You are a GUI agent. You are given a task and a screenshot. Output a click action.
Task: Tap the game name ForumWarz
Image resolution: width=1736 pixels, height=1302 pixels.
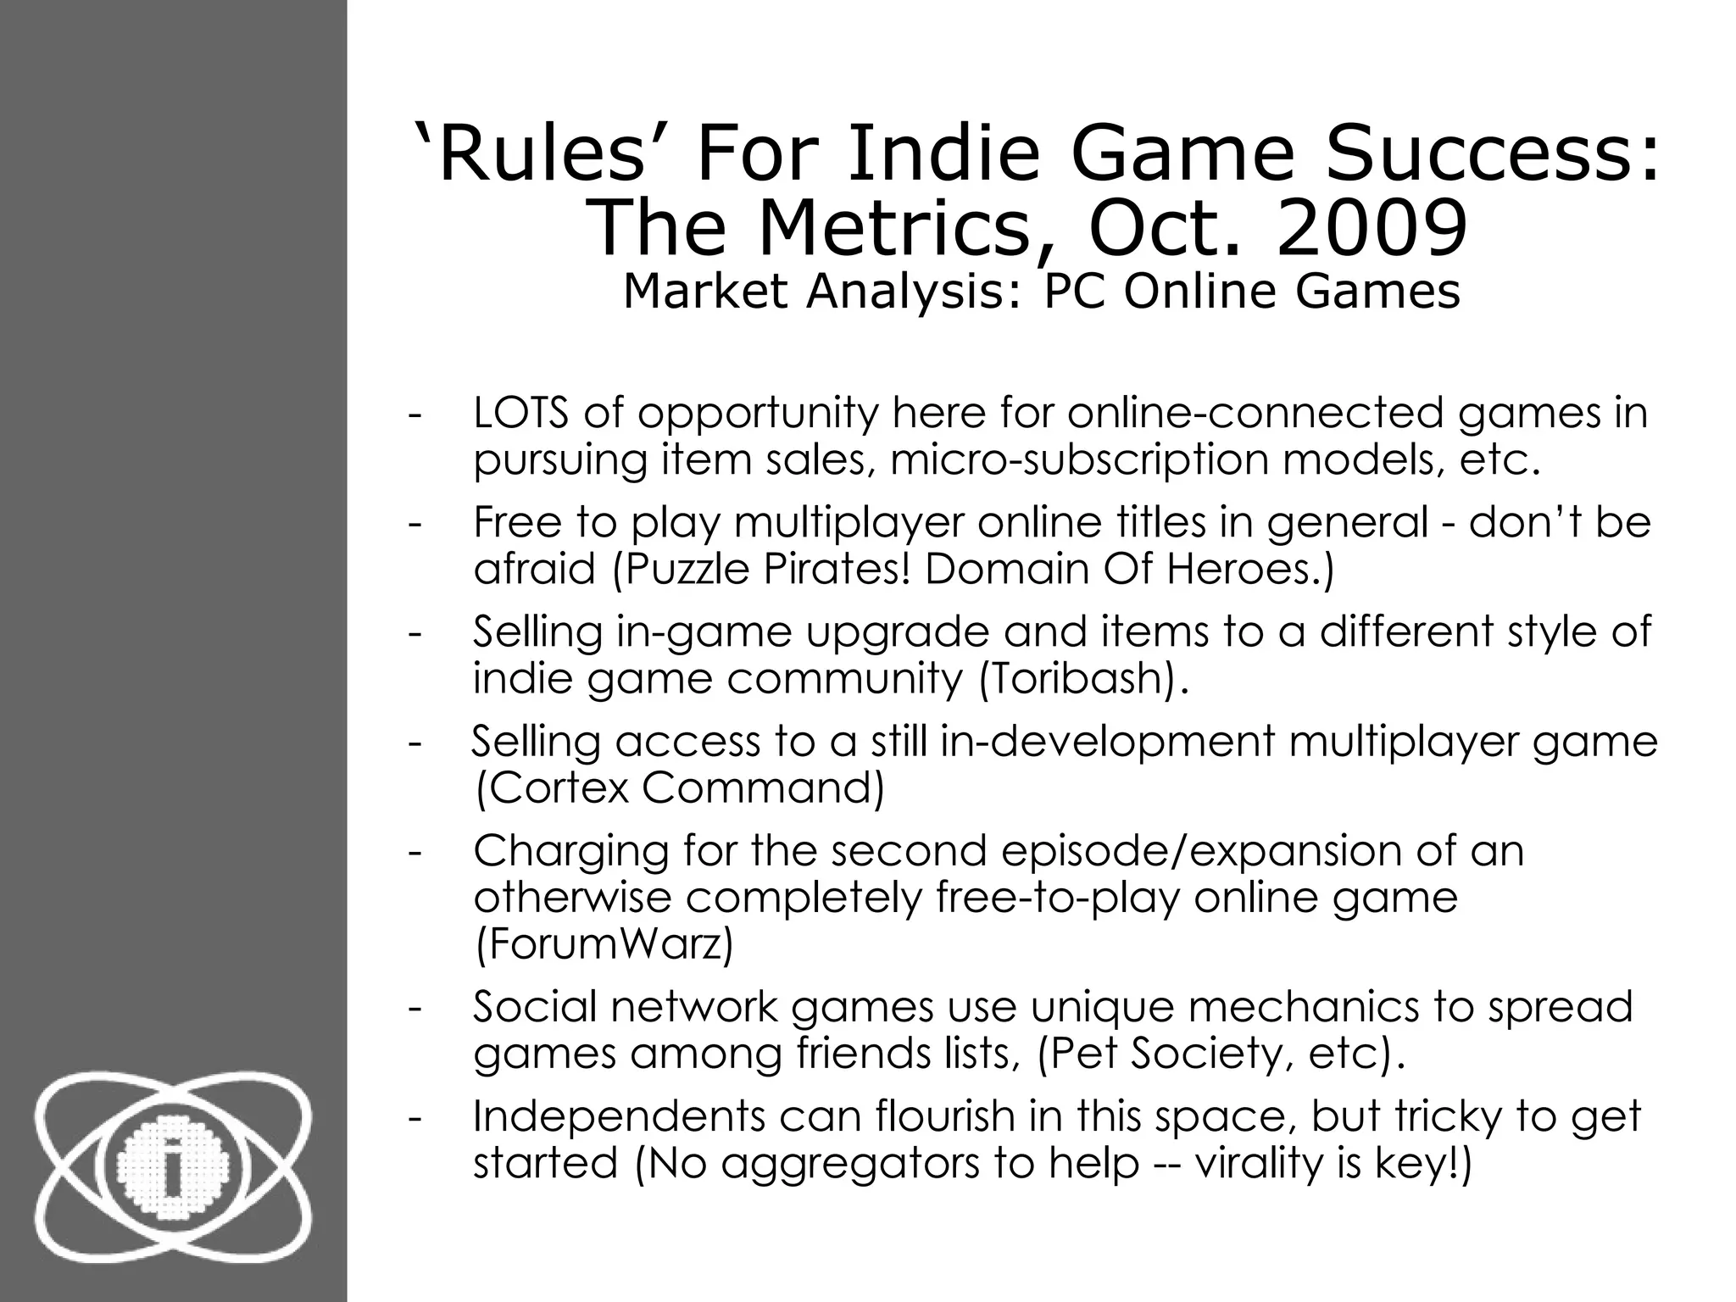(x=604, y=944)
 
